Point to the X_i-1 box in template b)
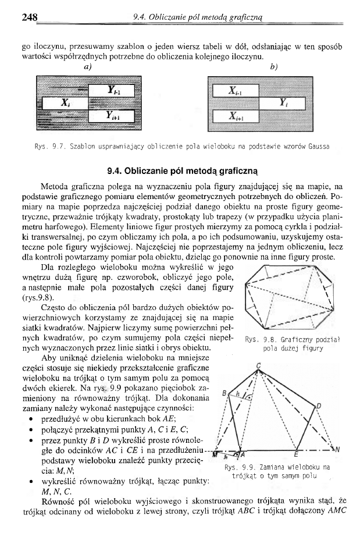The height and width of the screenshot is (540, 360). pos(235,91)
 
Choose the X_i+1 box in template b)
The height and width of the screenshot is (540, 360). pos(235,116)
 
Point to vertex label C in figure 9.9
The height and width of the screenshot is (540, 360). pos(259,365)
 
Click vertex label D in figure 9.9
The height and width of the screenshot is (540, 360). pos(318,405)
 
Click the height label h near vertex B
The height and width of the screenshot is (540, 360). pos(237,394)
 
